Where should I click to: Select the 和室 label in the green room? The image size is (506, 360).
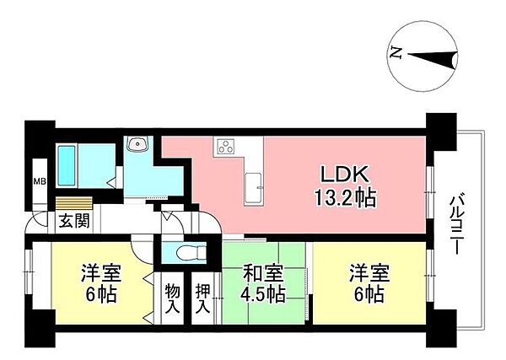point(264,274)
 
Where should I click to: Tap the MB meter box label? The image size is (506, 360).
point(39,181)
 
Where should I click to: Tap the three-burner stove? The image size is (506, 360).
point(227,147)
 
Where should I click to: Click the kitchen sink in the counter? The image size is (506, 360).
point(253,186)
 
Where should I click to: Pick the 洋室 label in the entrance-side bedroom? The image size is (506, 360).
point(99,274)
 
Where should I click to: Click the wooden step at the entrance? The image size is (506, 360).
point(72,202)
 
